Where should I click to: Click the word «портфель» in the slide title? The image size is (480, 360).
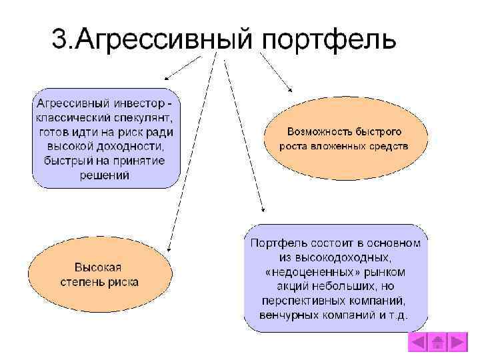(329, 40)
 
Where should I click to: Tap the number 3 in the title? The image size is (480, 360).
(59, 39)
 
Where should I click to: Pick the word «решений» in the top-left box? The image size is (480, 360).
(105, 175)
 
